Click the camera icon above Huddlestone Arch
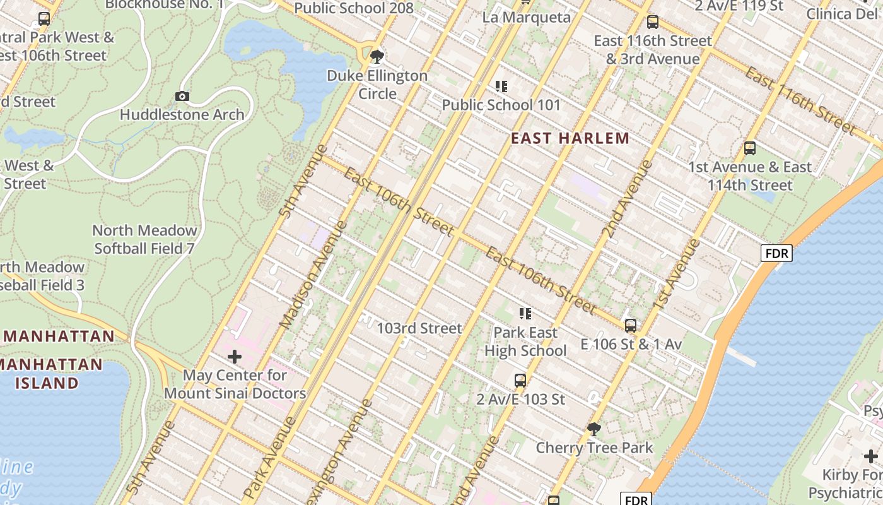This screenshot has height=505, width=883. coord(182,96)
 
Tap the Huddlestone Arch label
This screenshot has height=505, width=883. coord(182,115)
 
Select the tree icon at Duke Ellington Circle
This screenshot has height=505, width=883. coord(377,57)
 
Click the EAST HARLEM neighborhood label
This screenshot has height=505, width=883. coord(570,138)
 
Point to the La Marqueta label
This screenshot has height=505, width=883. coord(526,17)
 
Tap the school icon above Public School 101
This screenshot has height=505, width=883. coord(501,86)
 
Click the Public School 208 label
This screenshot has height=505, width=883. coord(354,8)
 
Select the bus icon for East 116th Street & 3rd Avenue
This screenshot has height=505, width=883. coord(652,22)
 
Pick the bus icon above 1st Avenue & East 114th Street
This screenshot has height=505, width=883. coord(749,148)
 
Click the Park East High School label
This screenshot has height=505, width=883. coord(525,342)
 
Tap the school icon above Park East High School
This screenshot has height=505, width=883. coord(525,314)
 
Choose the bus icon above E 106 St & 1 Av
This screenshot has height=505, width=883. coord(630,326)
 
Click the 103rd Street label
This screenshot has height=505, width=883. coord(419,328)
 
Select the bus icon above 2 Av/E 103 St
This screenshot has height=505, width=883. coord(520,381)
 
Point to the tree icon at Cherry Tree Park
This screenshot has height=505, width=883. coord(594,429)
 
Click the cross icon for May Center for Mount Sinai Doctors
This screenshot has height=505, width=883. coord(234,357)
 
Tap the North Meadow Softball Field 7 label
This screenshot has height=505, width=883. coord(144,239)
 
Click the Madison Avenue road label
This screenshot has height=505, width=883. coord(313,275)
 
